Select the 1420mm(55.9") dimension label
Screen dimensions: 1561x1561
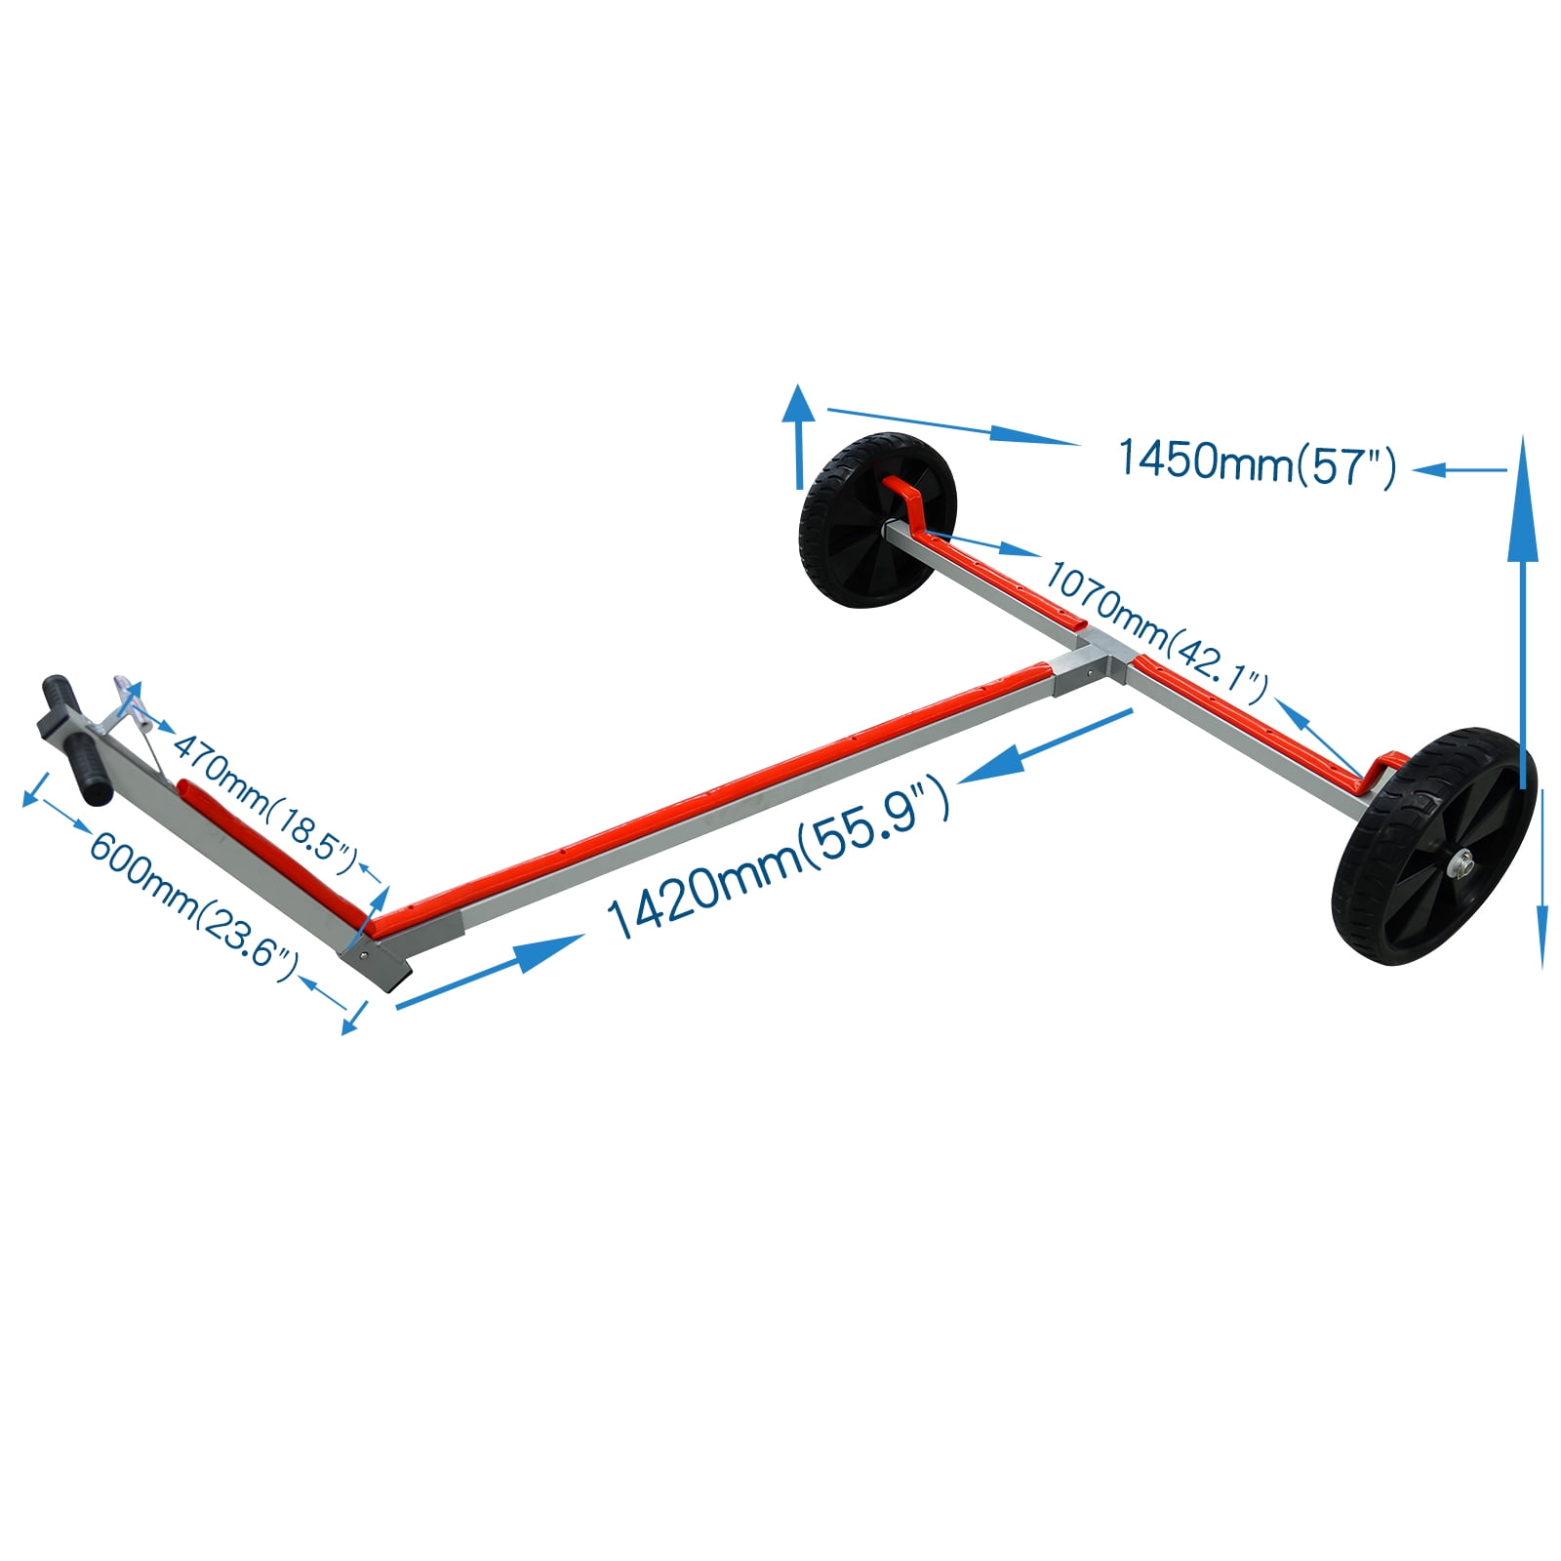coord(778,858)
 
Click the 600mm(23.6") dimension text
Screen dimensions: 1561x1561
coord(194,899)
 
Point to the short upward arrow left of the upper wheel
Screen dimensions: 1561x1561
coord(799,436)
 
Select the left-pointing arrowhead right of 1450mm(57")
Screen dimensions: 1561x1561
coord(1429,470)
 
